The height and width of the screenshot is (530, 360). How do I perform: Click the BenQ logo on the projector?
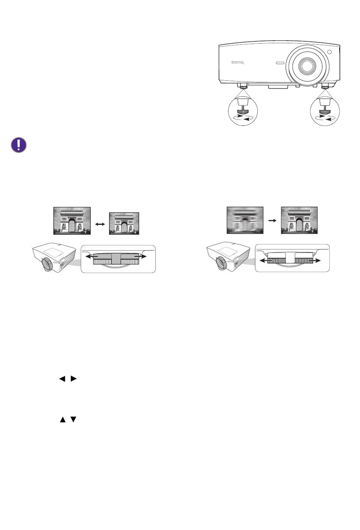coord(238,63)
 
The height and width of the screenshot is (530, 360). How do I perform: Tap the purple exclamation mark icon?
coord(19,145)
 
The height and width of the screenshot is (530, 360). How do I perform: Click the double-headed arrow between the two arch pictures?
coord(100,224)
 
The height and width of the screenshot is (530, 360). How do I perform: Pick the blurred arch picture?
coord(245,220)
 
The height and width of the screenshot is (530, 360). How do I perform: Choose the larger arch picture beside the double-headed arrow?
coord(72,221)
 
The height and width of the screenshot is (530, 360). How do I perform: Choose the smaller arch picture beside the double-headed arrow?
coord(124,224)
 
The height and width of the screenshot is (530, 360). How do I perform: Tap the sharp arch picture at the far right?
coord(299,220)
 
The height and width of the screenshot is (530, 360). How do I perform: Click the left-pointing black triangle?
coord(63,378)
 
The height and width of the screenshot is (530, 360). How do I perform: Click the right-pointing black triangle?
coord(74,378)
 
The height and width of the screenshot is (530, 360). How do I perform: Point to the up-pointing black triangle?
coord(63,420)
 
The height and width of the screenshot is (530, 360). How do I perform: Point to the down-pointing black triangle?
coord(74,420)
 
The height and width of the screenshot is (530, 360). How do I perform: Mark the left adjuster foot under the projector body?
coord(243,86)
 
